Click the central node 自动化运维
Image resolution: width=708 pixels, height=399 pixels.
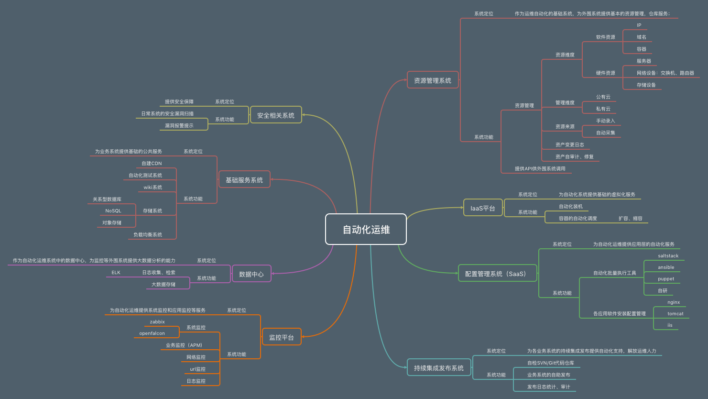point(366,230)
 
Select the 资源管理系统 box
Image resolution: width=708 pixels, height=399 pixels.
point(433,80)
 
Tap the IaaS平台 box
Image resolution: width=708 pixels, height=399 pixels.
point(483,208)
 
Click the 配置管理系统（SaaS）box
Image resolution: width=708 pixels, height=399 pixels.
point(497,274)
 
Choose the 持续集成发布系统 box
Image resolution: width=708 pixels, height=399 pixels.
point(439,368)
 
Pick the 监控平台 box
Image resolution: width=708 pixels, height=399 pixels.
point(282,337)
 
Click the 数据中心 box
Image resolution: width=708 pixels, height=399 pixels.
point(251,274)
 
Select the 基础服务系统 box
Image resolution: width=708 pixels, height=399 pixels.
point(244,180)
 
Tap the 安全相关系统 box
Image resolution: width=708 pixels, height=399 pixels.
point(276,115)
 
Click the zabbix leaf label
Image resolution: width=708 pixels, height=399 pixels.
point(157,322)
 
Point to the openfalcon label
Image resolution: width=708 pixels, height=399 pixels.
point(152,333)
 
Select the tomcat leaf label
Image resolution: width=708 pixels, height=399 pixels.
point(675,314)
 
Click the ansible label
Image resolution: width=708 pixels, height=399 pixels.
point(666,267)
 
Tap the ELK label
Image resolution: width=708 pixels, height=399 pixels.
point(116,273)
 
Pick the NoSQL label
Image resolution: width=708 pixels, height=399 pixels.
point(113,211)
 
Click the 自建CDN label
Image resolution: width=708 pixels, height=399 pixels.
point(152,164)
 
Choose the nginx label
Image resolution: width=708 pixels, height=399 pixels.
point(674,302)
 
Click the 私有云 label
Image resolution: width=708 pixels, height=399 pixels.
point(603,109)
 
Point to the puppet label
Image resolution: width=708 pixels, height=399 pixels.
point(666,279)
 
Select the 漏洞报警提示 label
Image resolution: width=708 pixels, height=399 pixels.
point(179,126)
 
